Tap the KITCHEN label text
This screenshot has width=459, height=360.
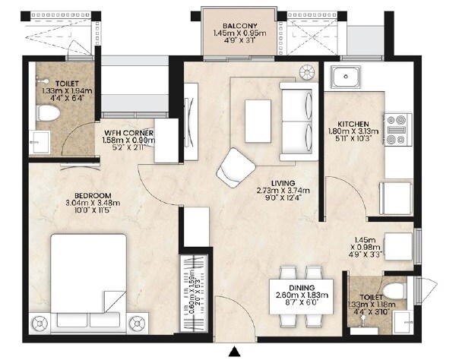pos(353,122)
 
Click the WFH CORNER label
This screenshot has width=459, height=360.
pos(129,132)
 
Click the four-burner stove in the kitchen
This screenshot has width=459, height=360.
pos(398,129)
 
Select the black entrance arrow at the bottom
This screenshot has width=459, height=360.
pos(236,351)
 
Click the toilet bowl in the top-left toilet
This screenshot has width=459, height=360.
pos(49,114)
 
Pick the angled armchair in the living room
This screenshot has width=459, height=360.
pos(235,166)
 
